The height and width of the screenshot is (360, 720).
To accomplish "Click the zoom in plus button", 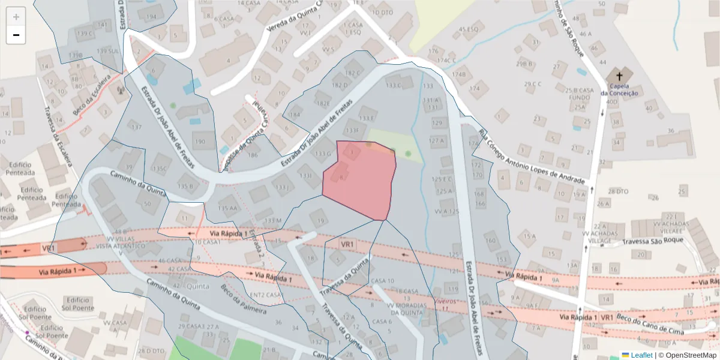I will tap(16, 16).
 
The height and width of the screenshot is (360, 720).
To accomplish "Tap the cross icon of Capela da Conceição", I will tap(619, 77).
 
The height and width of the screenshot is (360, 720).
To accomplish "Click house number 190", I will tap(200, 142).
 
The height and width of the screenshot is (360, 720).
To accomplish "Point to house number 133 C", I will tap(394, 85).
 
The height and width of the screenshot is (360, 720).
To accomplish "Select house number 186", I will tap(253, 155).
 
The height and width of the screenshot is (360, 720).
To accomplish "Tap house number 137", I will tap(136, 127).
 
